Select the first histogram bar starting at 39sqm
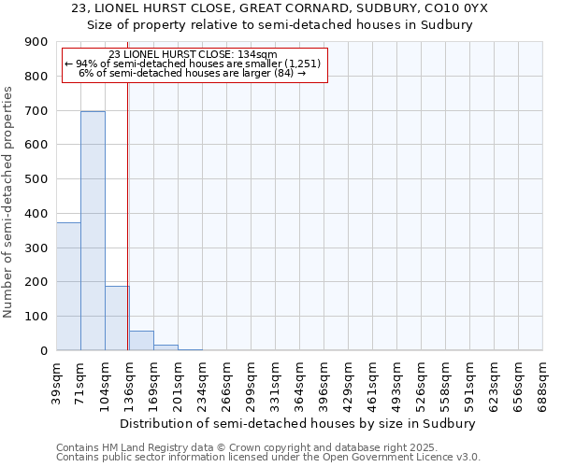[x=68, y=286]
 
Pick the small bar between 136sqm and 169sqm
[x=141, y=341]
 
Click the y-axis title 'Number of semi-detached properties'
[x=9, y=202]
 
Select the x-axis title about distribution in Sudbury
[x=298, y=423]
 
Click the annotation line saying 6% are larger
[x=192, y=73]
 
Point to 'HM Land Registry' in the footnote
[x=139, y=447]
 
